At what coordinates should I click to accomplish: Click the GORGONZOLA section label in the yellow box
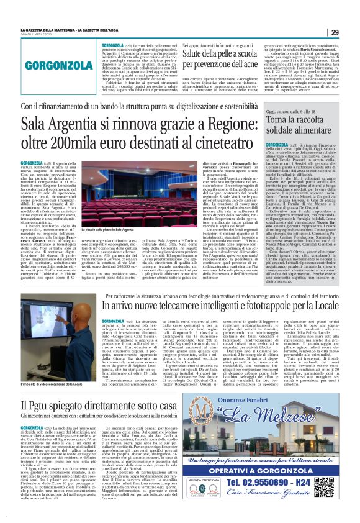[50, 64]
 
